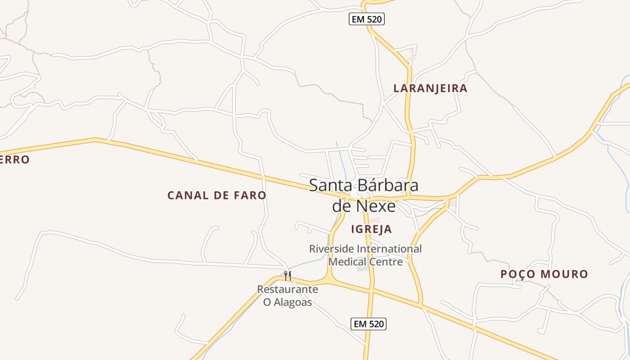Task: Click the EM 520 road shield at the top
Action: point(367,19)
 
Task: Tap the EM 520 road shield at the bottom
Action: point(369,324)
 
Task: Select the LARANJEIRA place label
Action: point(430,88)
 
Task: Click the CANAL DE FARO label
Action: point(217,195)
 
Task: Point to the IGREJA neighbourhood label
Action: point(371,229)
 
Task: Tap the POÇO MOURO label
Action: point(544,274)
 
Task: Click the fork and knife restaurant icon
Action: point(287,275)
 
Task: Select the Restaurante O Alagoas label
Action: point(288,296)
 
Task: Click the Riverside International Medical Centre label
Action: point(365,255)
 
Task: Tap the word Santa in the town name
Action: point(331,185)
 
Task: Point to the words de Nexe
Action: point(364,206)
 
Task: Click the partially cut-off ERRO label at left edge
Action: point(14,160)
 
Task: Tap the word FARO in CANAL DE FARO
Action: point(250,195)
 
